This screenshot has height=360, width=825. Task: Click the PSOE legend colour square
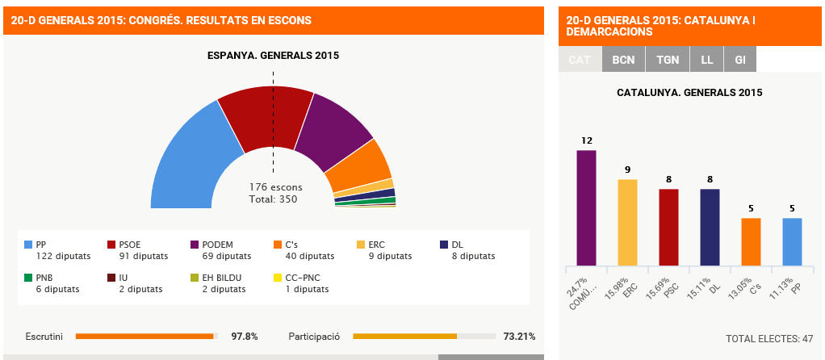(x=112, y=245)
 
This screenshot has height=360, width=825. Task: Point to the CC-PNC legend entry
(x=304, y=283)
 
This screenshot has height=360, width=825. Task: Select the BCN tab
(x=623, y=60)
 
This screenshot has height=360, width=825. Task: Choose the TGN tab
(x=668, y=60)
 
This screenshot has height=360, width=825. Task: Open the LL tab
(x=706, y=60)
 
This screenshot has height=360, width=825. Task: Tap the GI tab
(x=739, y=60)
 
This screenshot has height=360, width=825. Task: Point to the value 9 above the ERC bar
(x=627, y=170)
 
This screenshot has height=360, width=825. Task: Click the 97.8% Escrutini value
(x=245, y=336)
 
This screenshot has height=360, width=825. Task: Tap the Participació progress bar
(x=424, y=336)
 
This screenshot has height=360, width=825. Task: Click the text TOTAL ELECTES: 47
(x=768, y=338)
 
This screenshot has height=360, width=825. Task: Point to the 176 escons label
(x=275, y=187)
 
